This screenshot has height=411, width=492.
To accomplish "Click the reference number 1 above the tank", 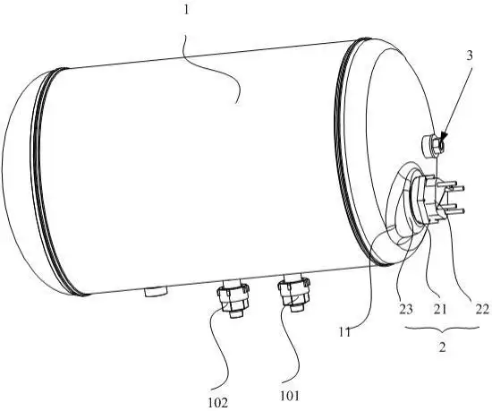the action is pyautogui.click(x=187, y=11).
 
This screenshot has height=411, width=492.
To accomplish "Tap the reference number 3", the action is pyautogui.click(x=469, y=56).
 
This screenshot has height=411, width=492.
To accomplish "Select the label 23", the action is pyautogui.click(x=406, y=310).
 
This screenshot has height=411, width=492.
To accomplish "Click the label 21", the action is pyautogui.click(x=439, y=310).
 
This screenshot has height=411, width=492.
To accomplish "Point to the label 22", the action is pyautogui.click(x=482, y=310).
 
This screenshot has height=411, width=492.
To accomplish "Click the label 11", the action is pyautogui.click(x=344, y=332).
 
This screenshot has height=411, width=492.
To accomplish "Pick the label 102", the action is pyautogui.click(x=217, y=402).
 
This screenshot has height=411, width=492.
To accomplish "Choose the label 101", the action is pyautogui.click(x=290, y=396).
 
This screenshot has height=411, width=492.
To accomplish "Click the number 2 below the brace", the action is pyautogui.click(x=442, y=347).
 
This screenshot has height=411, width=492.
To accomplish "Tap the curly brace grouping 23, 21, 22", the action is pyautogui.click(x=442, y=330).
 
